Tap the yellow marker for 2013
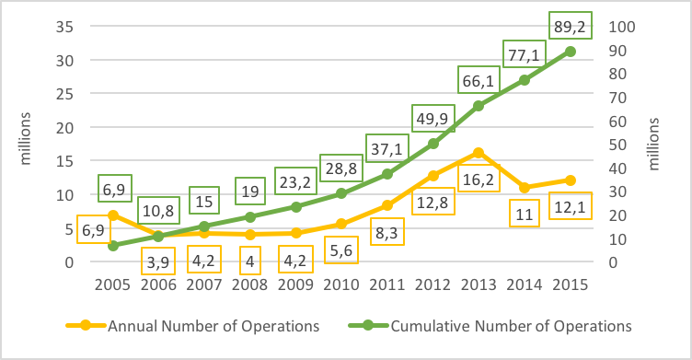(479, 153)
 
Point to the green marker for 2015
(570, 52)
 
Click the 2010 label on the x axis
(341, 284)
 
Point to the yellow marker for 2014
(525, 188)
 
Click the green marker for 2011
(387, 174)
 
